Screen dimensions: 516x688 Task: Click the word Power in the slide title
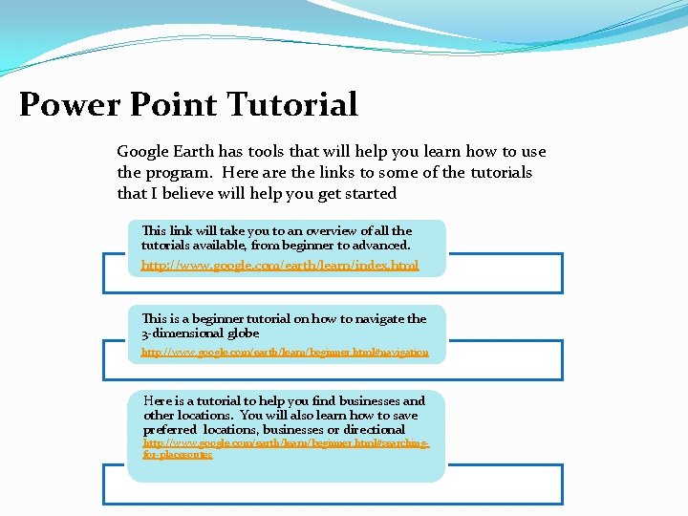coord(65,104)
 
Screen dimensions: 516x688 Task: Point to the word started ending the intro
coord(371,193)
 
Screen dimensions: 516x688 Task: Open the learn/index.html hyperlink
coord(279,265)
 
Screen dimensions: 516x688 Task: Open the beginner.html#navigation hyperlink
coord(285,352)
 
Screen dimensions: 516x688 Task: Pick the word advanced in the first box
coord(378,246)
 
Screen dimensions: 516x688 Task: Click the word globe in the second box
coord(243,333)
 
